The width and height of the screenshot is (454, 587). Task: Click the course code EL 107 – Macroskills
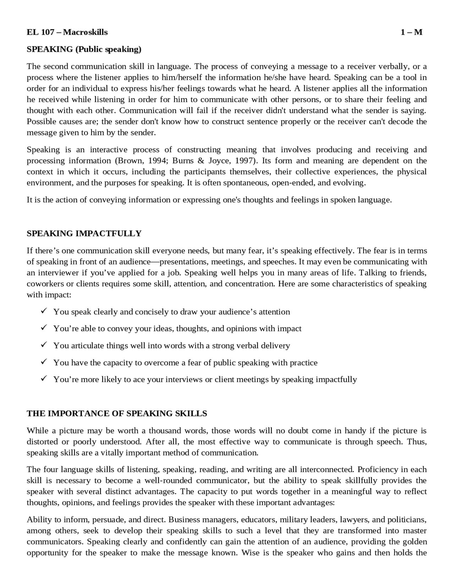pyautogui.click(x=67, y=32)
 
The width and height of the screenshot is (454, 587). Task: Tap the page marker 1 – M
pyautogui.click(x=411, y=32)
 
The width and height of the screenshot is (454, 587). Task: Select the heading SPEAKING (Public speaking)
pyautogui.click(x=84, y=49)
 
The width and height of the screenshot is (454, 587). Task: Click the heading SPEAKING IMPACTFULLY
pyautogui.click(x=84, y=234)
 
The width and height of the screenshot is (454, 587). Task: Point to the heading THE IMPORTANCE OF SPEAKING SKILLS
pyautogui.click(x=117, y=414)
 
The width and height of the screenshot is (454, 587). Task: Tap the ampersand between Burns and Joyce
pyautogui.click(x=201, y=161)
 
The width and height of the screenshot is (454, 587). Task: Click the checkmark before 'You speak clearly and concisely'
pyautogui.click(x=44, y=311)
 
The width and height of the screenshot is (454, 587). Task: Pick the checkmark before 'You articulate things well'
pyautogui.click(x=44, y=345)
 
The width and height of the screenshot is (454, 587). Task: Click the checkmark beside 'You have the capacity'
pyautogui.click(x=44, y=362)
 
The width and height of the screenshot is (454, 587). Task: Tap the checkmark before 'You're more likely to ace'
pyautogui.click(x=44, y=379)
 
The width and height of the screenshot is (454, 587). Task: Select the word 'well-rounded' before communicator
pyautogui.click(x=171, y=481)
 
